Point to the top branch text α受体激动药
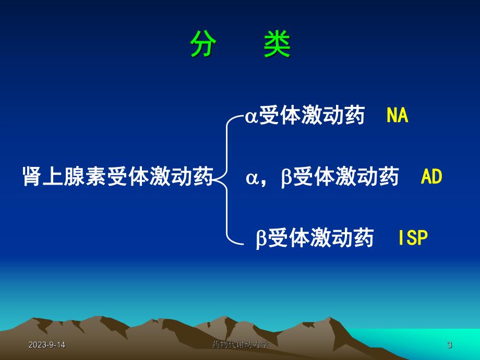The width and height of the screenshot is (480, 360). click(305, 116)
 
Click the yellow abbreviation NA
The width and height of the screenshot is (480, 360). click(397, 116)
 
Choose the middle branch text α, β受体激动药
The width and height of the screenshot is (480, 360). click(322, 177)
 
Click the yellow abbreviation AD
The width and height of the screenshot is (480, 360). click(431, 177)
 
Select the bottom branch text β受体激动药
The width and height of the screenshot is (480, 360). click(315, 238)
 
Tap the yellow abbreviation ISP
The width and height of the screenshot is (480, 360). click(413, 238)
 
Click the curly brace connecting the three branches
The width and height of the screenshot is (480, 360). click(226, 177)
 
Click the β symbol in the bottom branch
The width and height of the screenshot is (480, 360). click(261, 239)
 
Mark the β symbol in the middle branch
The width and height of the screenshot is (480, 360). click(286, 178)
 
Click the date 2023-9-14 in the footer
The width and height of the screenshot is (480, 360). click(47, 345)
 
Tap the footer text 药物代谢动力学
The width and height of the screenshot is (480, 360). click(241, 345)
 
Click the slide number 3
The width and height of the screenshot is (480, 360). click(449, 345)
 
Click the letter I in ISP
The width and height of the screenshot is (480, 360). click(400, 238)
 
